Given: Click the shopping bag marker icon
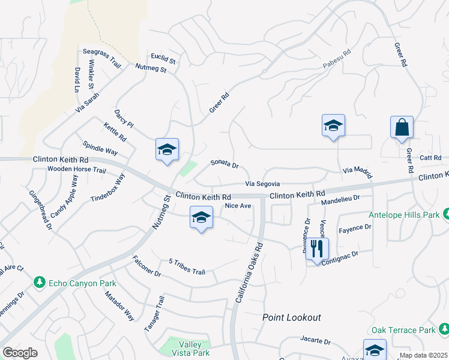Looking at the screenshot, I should (x=402, y=128).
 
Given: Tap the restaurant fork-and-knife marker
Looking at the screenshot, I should (x=317, y=248).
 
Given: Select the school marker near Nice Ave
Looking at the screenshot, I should (x=201, y=218).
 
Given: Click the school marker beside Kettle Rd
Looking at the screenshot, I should (x=167, y=150).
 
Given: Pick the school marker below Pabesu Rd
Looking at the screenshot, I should (x=333, y=126).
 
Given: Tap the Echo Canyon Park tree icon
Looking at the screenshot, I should (x=40, y=282).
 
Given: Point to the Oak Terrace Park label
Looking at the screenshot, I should (x=403, y=331).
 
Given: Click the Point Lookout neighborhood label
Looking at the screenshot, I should (x=292, y=317).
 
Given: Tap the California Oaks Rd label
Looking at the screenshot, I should (x=250, y=272).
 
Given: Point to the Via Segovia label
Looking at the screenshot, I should (x=262, y=184).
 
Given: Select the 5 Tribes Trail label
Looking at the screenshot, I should (x=187, y=267).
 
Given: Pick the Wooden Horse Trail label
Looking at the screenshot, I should (x=77, y=170).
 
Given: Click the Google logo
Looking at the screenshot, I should (x=20, y=353).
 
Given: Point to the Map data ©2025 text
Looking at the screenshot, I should (x=423, y=355).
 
